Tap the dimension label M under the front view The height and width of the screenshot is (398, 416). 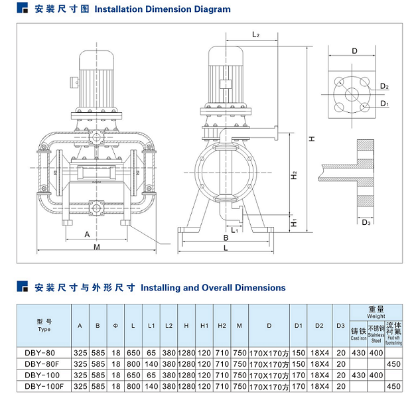click(x=97, y=247)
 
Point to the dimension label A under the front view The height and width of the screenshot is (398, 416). click(x=87, y=234)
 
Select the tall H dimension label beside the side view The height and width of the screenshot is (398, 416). click(x=311, y=139)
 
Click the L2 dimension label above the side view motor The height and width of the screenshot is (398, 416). click(x=255, y=34)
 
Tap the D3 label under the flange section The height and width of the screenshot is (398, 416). click(x=367, y=222)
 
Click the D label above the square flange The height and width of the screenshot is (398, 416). click(x=354, y=51)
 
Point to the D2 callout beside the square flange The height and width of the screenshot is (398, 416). click(x=385, y=87)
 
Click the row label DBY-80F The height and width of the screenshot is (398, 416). click(x=44, y=364)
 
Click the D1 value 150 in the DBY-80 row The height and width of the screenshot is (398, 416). click(x=299, y=352)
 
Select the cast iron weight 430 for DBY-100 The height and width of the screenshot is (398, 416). click(x=358, y=375)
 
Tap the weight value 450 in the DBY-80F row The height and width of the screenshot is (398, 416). click(x=394, y=364)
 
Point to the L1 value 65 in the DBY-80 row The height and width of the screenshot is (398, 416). click(x=151, y=352)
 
